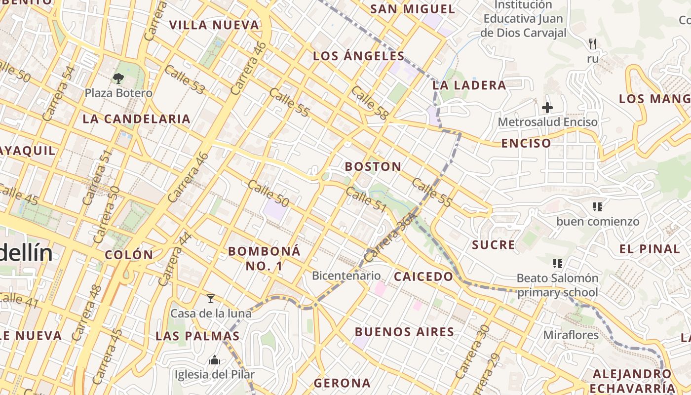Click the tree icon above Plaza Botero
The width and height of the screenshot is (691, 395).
[x=118, y=78]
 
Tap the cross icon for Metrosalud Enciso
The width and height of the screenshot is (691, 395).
[x=547, y=107]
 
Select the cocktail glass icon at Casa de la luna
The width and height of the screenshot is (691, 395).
[x=211, y=298]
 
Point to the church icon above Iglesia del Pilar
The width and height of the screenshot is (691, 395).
[x=214, y=360]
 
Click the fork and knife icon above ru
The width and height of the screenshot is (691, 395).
[x=593, y=44]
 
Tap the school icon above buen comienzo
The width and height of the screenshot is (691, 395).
[x=598, y=206]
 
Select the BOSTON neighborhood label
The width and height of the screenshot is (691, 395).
[x=373, y=166]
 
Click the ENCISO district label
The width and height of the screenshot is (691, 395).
[x=526, y=143]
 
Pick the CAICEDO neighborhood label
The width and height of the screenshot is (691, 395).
[x=423, y=276]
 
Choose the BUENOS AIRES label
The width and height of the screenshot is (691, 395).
[x=404, y=332]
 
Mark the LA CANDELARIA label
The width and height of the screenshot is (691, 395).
[x=136, y=118]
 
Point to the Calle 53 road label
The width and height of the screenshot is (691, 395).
[x=185, y=79]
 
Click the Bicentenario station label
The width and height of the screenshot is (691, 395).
[x=346, y=276]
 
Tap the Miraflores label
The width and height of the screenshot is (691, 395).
[x=571, y=335]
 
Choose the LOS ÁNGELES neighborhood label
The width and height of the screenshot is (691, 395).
[x=359, y=56]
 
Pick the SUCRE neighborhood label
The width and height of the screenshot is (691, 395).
[x=493, y=245]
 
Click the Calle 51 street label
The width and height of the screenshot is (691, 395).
[x=366, y=199]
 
